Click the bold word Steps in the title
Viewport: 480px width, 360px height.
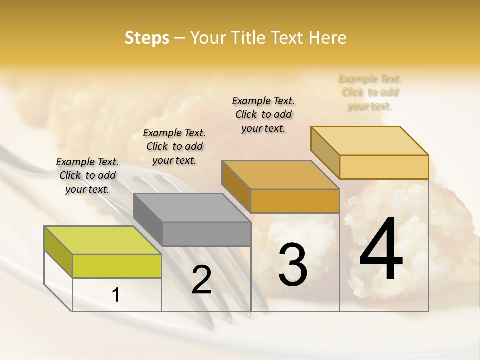pyautogui.click(x=147, y=38)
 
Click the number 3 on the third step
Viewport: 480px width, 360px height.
pyautogui.click(x=292, y=265)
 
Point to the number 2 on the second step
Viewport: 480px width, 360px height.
pyautogui.click(x=201, y=280)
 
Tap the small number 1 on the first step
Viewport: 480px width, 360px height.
pyautogui.click(x=116, y=295)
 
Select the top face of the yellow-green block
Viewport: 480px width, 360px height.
pyautogui.click(x=103, y=240)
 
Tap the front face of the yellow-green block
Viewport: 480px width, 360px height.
pyautogui.click(x=117, y=266)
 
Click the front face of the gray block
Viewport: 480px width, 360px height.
pyautogui.click(x=206, y=234)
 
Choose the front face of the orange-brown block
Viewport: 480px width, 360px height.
pyautogui.click(x=295, y=201)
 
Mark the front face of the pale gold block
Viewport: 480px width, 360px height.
pyautogui.click(x=384, y=167)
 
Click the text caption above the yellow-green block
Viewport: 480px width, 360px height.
pyautogui.click(x=87, y=175)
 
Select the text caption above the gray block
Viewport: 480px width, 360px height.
pyautogui.click(x=174, y=146)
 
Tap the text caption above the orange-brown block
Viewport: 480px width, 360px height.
pyautogui.click(x=263, y=114)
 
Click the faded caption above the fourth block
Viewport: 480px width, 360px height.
pyautogui.click(x=370, y=92)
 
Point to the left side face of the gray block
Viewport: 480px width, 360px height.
pyautogui.click(x=148, y=220)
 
